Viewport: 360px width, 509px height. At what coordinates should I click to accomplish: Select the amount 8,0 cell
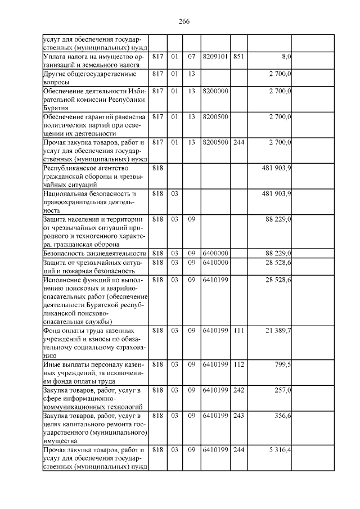286,57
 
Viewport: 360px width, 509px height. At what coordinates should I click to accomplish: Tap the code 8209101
215,57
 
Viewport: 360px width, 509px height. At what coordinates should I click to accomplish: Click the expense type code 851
238,57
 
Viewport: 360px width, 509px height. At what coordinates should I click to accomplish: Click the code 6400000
215,253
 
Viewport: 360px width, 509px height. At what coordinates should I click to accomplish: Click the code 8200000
215,91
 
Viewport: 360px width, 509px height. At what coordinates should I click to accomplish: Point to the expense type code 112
238,364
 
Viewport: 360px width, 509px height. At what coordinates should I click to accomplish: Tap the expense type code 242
238,390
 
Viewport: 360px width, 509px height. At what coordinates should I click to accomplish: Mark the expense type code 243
238,415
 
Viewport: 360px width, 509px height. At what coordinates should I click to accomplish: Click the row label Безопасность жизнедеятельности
95,254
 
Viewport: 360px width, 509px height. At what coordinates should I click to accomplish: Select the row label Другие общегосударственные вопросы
90,78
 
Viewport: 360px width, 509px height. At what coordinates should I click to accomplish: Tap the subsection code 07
191,57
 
